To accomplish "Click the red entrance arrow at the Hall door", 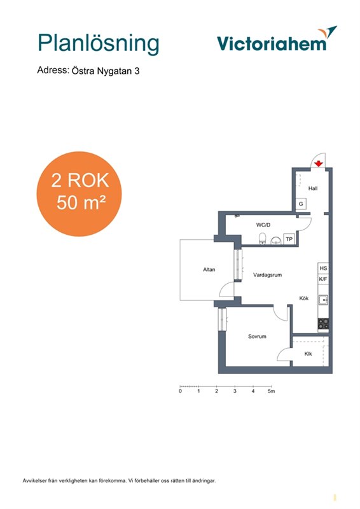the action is pos(319,164).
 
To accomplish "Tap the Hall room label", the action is pos(313,188).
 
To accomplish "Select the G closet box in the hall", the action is pos(301,204).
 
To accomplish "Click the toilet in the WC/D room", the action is pos(263,238).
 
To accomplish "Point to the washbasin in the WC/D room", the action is pos(276,241).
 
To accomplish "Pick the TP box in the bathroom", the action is pos(289,239).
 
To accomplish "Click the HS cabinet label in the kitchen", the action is pos(323,268).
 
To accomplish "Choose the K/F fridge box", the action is pos(323,279).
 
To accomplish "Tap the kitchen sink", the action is pos(323,300).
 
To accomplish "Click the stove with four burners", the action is pos(323,324).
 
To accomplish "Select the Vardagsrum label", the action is pos(268,275).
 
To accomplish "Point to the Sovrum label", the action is pos(257,337).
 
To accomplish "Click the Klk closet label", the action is pos(308,354).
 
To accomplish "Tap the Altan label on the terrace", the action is pos(209,269).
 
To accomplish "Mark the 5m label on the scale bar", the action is pos(271,391).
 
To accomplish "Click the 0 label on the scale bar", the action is pos(180,391).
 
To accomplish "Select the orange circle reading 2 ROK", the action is pos(79,194).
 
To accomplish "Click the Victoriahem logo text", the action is pos(272,43).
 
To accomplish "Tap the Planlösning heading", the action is pos(99,43).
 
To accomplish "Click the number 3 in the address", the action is pos(137,71).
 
